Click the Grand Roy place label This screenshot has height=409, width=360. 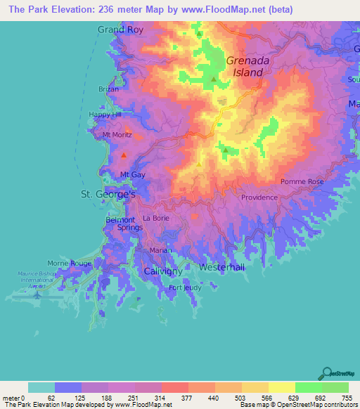[120, 30]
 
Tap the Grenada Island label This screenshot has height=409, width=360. [245, 66]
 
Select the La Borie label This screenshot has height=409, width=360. [155, 219]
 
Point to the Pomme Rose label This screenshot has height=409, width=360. [302, 181]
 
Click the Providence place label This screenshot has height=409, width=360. [259, 197]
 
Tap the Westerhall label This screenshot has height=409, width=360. [222, 268]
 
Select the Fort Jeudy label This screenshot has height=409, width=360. [185, 287]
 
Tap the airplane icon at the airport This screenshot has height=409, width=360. [36, 296]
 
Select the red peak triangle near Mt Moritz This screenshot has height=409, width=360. [124, 155]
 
